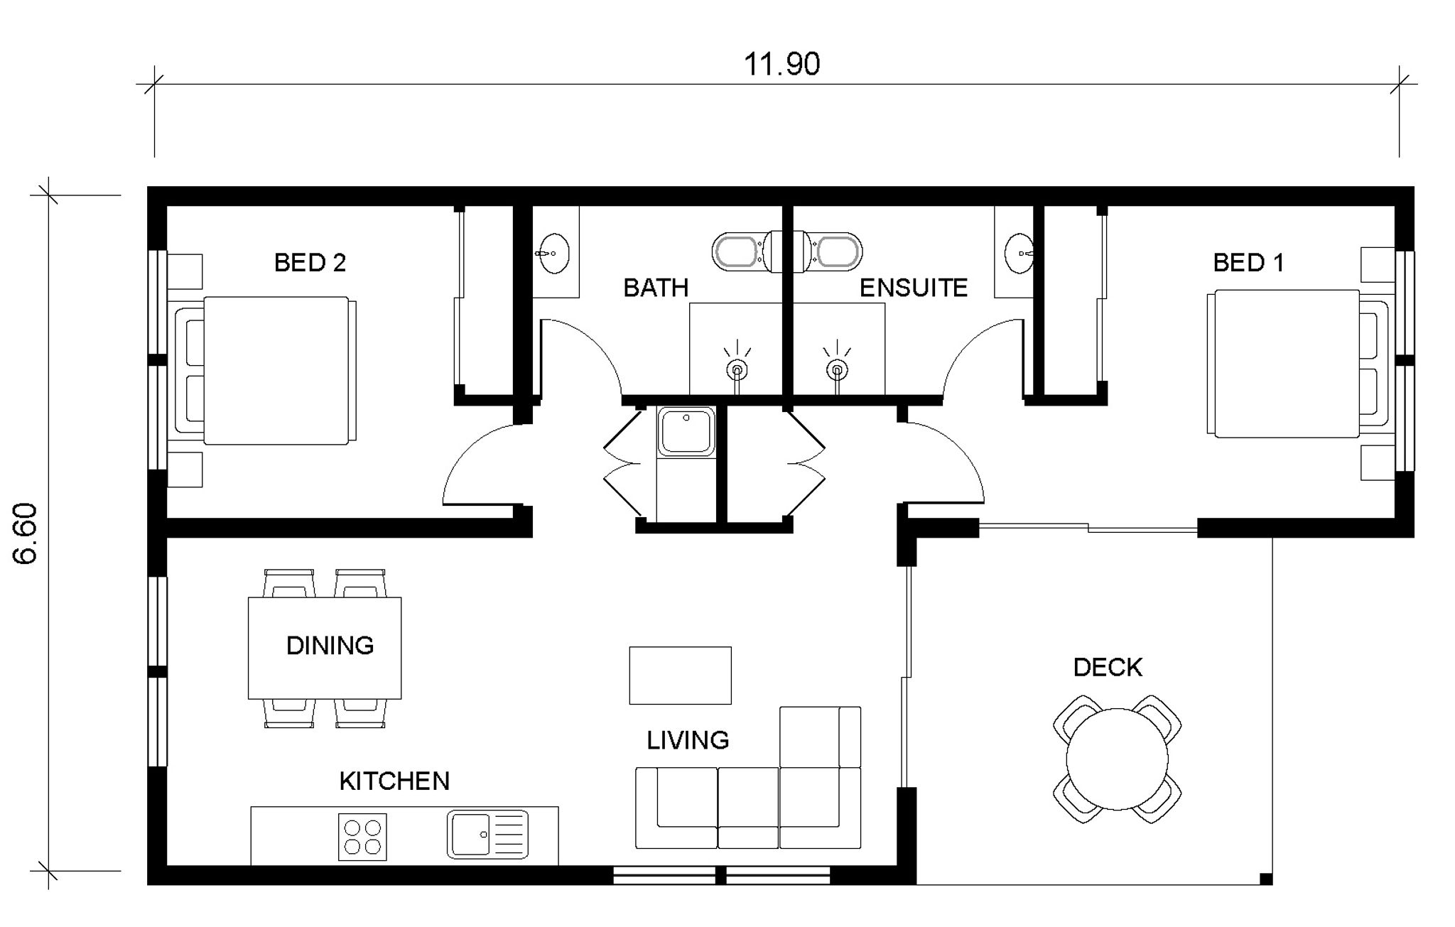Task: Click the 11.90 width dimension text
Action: point(781,64)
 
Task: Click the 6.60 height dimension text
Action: point(26,533)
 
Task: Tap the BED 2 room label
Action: point(310,263)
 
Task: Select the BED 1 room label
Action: point(1248,263)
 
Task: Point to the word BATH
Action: point(656,288)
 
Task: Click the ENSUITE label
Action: point(914,288)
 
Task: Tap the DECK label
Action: point(1108,667)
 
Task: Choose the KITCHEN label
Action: point(394,781)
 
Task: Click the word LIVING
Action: point(688,740)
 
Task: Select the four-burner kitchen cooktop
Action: point(362,837)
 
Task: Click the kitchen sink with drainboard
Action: point(488,835)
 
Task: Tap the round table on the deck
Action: point(1117,759)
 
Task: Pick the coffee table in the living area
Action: point(680,676)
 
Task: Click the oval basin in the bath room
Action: point(553,253)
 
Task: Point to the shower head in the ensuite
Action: point(838,369)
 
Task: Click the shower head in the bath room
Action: point(737,369)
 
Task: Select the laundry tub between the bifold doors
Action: point(686,431)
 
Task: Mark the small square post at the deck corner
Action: point(1265,879)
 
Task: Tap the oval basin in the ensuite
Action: point(1019,253)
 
